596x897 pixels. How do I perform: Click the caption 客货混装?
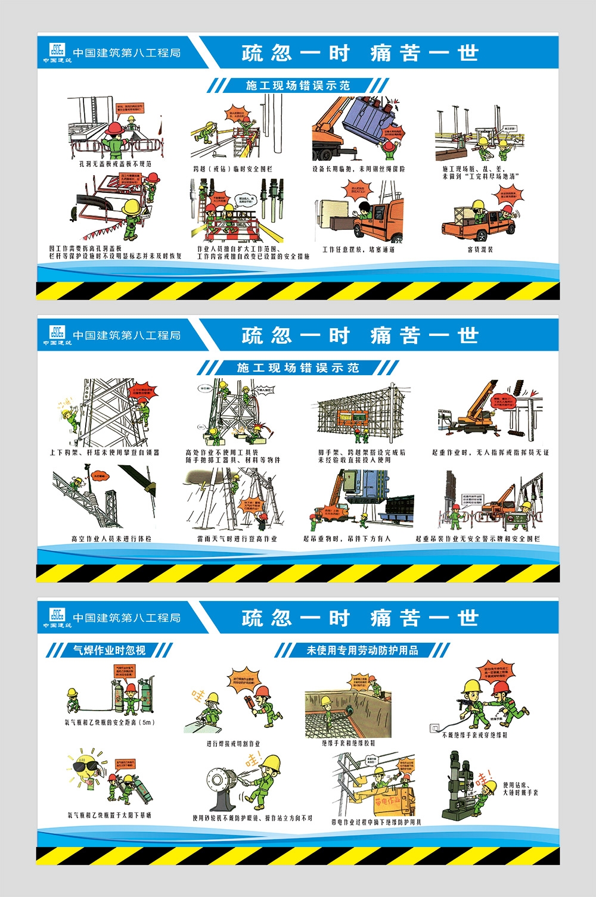pos(480,250)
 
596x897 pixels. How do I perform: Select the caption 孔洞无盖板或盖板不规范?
pos(116,163)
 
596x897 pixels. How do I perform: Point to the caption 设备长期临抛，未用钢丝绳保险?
pos(358,169)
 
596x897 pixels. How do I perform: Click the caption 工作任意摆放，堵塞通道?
pos(358,250)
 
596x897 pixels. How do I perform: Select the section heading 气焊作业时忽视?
pos(109,650)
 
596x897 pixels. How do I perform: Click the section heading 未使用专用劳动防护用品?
pos(362,650)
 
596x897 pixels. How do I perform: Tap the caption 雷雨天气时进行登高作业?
pos(237,538)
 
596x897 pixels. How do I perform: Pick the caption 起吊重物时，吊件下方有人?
pos(347,538)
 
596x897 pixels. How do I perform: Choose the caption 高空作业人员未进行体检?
pos(111,538)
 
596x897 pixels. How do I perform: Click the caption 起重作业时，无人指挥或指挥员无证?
pos(490,453)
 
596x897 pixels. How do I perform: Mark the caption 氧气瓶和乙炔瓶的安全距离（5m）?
pos(110,722)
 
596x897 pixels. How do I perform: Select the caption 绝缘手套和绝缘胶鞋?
pos(349,743)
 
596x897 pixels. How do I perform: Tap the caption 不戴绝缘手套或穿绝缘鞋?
pos(475,735)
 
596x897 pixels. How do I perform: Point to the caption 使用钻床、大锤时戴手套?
pos(520,789)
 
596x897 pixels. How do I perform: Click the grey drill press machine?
pos(459,786)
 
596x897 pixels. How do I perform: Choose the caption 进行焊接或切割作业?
pos(233,743)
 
